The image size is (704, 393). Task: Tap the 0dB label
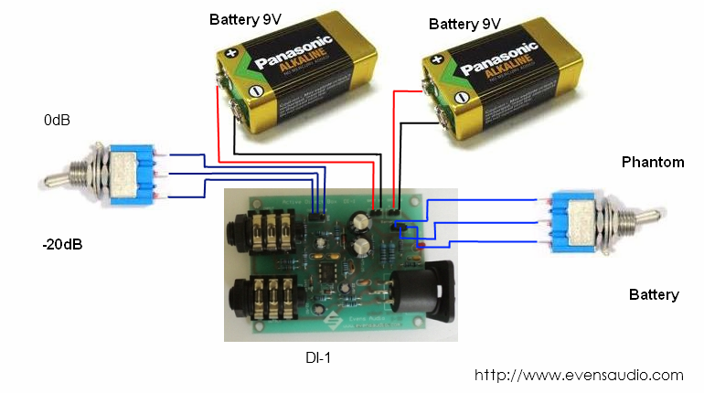point(58,120)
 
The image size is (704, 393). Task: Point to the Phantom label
point(652,163)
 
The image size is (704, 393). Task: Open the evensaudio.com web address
point(579,375)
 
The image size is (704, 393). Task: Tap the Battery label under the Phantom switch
point(654,294)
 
